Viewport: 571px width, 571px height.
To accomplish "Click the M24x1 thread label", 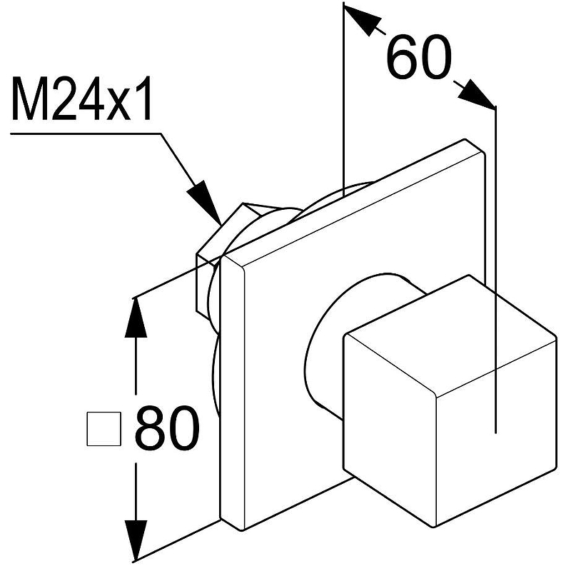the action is [81, 98].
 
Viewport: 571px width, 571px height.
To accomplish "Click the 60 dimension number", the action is [419, 58].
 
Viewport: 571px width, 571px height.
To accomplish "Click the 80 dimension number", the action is [167, 428].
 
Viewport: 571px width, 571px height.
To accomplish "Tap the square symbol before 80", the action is [104, 429].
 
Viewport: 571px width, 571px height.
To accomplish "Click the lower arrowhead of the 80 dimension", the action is [136, 540].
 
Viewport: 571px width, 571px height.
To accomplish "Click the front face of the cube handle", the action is [390, 430].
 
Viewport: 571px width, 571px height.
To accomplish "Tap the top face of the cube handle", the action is [450, 335].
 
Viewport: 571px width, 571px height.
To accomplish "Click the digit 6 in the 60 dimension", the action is [402, 58].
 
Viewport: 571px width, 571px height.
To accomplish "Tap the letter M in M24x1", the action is [30, 98].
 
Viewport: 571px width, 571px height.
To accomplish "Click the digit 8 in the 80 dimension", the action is [151, 428].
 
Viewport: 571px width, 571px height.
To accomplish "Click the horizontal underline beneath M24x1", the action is [86, 133].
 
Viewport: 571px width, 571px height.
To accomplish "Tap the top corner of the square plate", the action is [465, 138].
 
